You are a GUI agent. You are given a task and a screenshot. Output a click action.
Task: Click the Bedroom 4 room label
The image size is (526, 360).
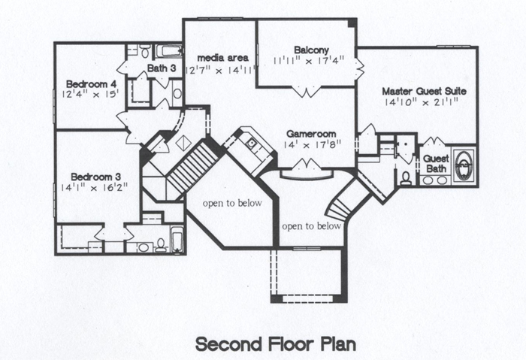click(91, 84)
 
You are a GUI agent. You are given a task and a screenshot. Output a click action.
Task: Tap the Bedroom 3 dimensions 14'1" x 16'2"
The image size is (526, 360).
click(94, 188)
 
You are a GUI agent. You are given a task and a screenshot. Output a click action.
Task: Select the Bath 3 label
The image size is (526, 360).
click(162, 68)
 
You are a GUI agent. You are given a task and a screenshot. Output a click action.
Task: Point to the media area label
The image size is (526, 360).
click(222, 58)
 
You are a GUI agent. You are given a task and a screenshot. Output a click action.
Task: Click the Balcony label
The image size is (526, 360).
click(311, 50)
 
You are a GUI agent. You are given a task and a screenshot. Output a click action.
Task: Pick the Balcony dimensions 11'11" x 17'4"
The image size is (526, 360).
click(309, 61)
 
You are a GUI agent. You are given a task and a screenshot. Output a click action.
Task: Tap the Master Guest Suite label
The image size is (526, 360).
click(424, 91)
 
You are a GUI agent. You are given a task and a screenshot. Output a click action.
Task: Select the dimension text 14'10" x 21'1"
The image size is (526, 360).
click(422, 102)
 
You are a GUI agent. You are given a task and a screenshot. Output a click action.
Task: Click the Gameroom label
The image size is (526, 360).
click(311, 135)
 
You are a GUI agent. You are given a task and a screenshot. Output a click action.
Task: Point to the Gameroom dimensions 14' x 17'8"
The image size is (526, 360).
click(313, 145)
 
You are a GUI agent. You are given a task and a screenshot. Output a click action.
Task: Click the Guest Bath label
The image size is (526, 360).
click(436, 163)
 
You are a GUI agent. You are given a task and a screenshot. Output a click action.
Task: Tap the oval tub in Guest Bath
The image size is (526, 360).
click(464, 166)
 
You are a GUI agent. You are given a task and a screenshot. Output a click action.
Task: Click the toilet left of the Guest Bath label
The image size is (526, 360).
click(406, 178)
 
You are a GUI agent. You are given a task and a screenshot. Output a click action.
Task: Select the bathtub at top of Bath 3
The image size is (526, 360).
click(169, 51)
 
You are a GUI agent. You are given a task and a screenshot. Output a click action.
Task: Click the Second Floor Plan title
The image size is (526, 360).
click(276, 344)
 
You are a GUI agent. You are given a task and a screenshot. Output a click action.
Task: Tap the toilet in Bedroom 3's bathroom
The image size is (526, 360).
click(162, 245)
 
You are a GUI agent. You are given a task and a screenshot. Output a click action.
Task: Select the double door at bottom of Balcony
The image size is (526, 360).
click(307, 91)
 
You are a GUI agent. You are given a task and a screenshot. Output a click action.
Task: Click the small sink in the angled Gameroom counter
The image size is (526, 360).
click(251, 144)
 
